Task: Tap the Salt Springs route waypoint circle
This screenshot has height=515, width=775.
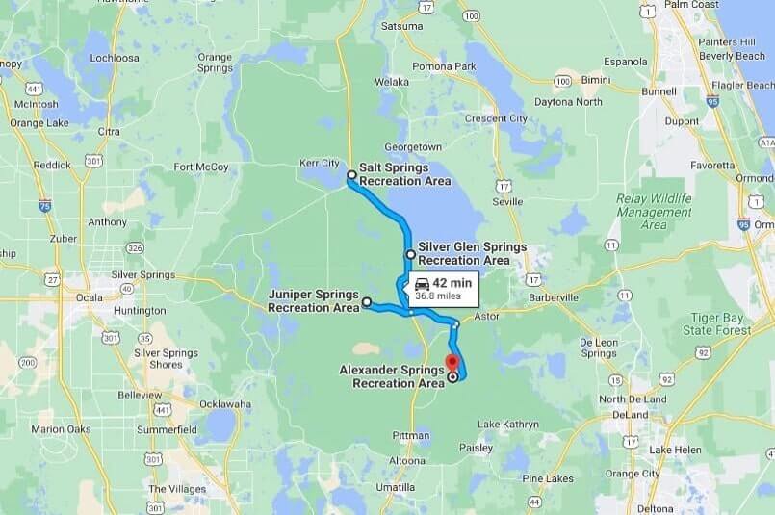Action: [x=352, y=175]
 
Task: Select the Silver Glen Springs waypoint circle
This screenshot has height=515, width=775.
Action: [x=411, y=254]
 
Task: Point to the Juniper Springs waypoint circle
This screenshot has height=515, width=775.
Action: [x=367, y=301]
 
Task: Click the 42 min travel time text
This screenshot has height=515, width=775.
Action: [x=452, y=283]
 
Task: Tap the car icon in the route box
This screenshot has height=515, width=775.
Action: [x=422, y=283]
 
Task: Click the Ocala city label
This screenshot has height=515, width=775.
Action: [x=90, y=297]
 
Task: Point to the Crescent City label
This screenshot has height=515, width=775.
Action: [x=496, y=118]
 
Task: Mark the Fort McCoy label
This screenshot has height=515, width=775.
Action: [x=201, y=167]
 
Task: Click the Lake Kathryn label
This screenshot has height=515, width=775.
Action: [x=507, y=425]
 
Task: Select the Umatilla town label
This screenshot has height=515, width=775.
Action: [x=396, y=488]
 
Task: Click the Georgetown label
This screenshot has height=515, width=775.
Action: [x=413, y=147]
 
